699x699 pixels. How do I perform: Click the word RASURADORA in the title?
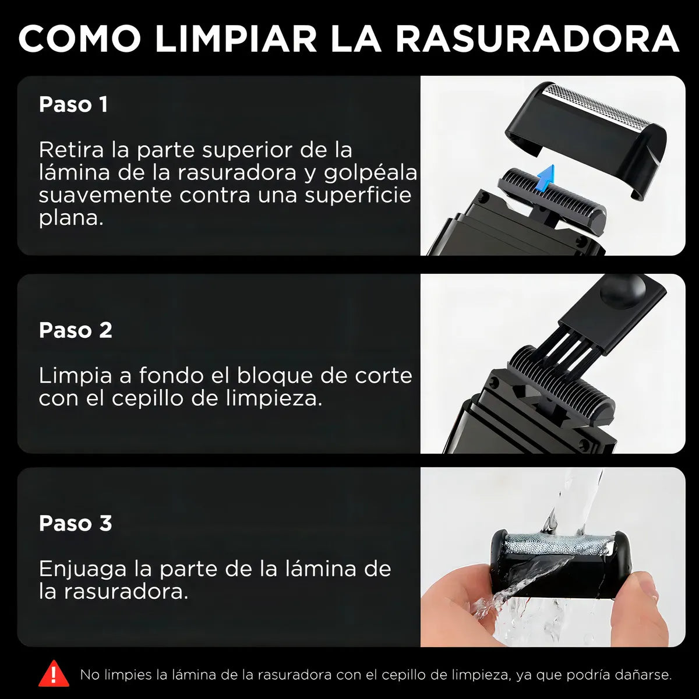(x=537, y=38)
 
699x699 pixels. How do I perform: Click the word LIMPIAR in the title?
(x=236, y=38)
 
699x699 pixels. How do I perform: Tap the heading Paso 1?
(x=73, y=104)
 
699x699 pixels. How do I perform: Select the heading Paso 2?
(x=76, y=330)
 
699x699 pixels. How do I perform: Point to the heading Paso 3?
(x=76, y=523)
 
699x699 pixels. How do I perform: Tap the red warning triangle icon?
(x=54, y=673)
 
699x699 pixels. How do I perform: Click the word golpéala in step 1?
(x=370, y=174)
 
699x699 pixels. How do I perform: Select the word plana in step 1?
(x=71, y=219)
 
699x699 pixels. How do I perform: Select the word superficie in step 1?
(x=358, y=196)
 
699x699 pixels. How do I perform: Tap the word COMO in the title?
(x=79, y=38)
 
